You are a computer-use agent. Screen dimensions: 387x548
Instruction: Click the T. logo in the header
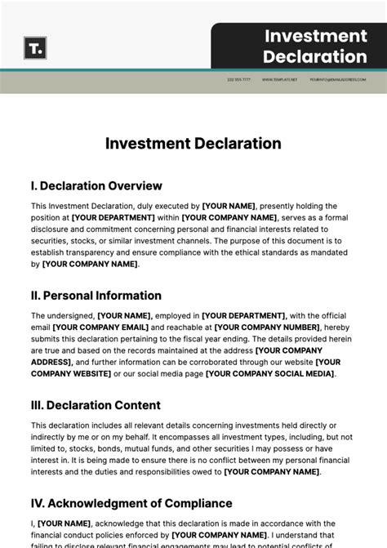(x=35, y=48)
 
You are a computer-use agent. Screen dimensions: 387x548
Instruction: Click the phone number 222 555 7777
(x=239, y=80)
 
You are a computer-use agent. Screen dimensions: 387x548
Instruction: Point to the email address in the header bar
(x=337, y=80)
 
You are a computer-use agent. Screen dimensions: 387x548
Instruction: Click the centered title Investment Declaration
(x=193, y=144)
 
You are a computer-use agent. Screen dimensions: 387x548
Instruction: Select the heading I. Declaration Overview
(x=96, y=186)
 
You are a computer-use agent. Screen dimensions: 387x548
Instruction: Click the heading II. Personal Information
(x=96, y=296)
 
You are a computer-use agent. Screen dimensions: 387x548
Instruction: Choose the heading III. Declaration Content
(x=96, y=405)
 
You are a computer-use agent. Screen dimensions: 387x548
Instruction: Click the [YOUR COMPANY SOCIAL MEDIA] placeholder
(x=269, y=374)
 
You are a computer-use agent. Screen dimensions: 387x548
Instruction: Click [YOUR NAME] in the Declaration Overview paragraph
(x=229, y=207)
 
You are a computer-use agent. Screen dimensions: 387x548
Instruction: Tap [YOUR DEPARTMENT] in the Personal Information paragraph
(x=243, y=316)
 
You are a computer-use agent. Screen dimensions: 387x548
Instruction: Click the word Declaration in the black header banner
(x=315, y=57)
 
